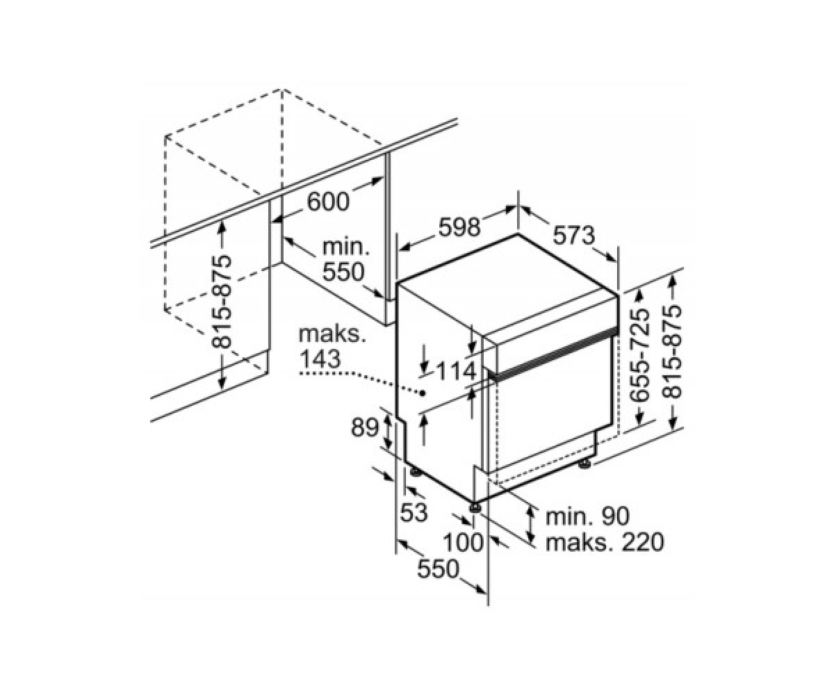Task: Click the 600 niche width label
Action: pos(327,202)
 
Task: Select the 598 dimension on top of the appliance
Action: pos(459,228)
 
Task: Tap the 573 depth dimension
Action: pos(573,236)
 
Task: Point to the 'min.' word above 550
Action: pos(346,248)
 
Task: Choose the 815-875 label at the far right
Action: pos(671,352)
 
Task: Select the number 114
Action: pos(456,371)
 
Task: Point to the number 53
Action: pos(414,512)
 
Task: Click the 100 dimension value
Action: pos(464,542)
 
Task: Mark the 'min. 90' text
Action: pos(587,516)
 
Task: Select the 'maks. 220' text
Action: pos(605,542)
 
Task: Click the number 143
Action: pos(320,359)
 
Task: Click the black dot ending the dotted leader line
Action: pos(422,393)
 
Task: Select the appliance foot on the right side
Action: pos(584,464)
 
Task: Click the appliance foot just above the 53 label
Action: pos(416,472)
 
